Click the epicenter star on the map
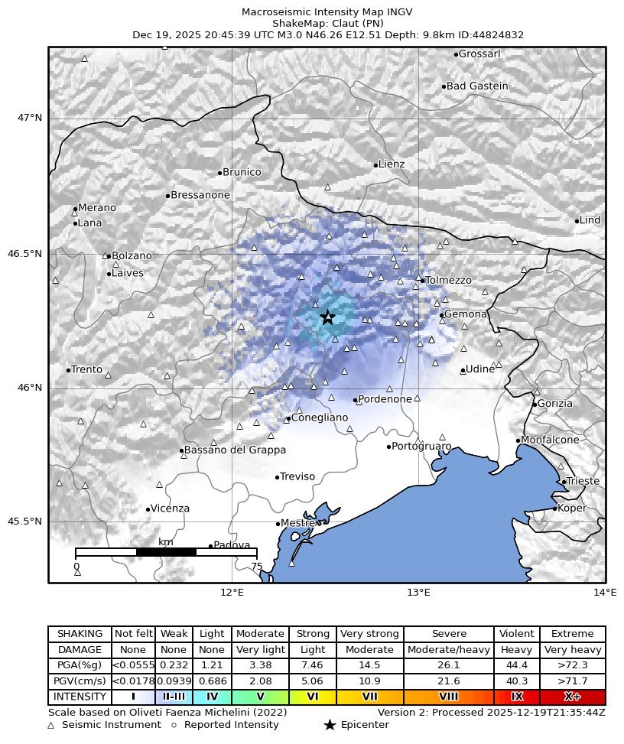coord(327,317)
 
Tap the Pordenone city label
coord(385,399)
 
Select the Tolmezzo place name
coord(449,281)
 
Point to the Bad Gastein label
coord(477,86)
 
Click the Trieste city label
coord(583,481)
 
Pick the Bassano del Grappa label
coord(236,450)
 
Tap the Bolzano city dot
coord(109,256)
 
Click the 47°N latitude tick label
coord(31,118)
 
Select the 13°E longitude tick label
coord(418,593)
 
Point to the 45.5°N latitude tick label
coord(25,521)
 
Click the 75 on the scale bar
coord(257,567)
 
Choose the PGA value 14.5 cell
coord(369,665)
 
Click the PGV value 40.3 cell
coord(516,681)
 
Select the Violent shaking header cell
coord(516,634)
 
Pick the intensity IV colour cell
coord(212,697)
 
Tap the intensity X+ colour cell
coord(572,697)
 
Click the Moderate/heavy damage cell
coord(448,650)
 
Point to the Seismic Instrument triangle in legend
coord(51,725)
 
